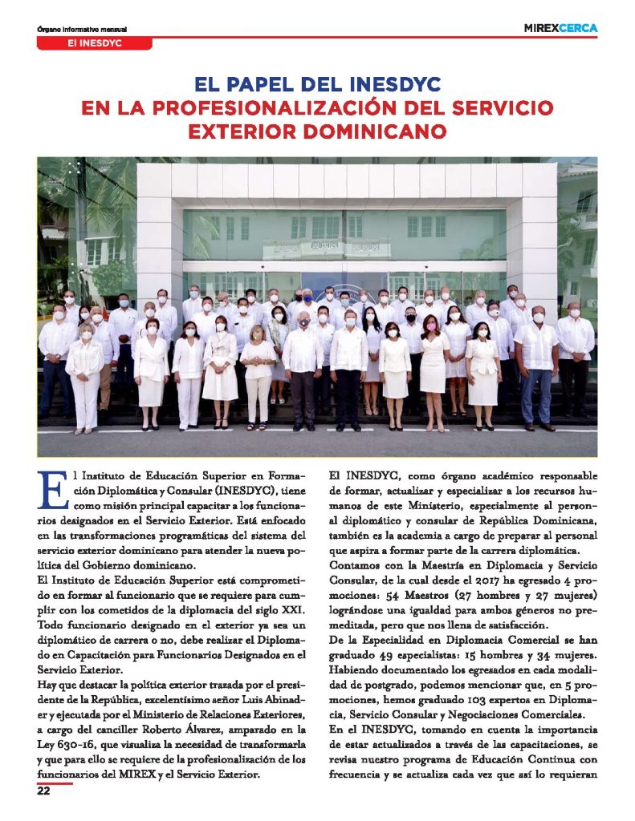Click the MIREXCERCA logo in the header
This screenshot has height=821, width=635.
(560, 28)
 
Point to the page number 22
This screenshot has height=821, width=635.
(43, 790)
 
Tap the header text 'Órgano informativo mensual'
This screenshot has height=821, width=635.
(83, 30)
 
